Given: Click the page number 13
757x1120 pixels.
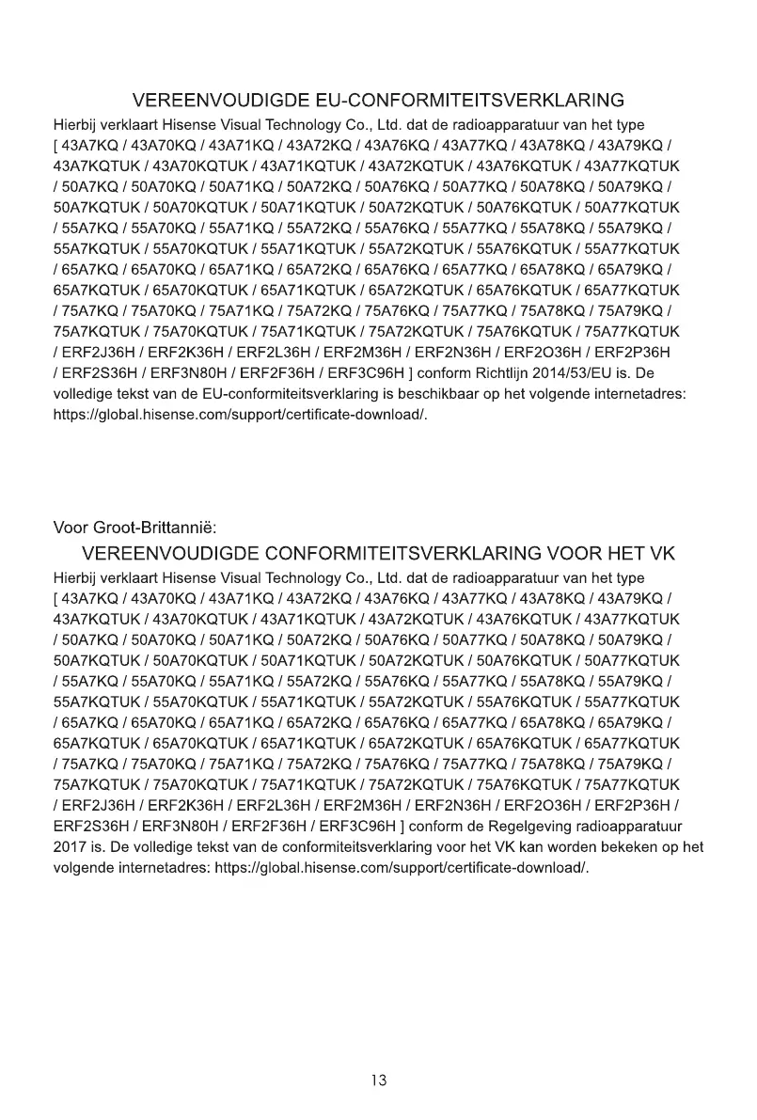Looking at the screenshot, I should point(378,1081).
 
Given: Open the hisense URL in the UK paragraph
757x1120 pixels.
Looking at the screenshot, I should point(402,867).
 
